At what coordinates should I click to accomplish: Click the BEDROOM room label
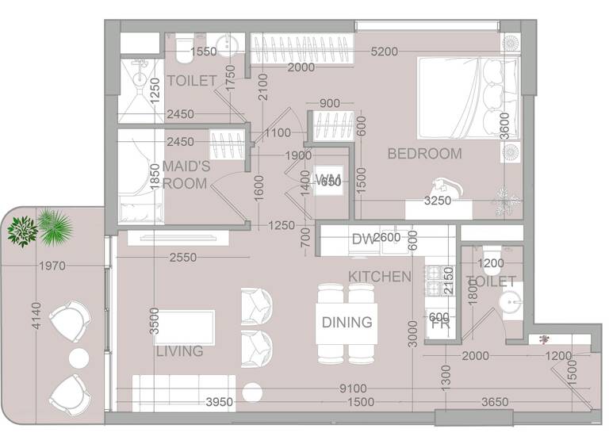point(424,154)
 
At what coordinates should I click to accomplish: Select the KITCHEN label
point(379,277)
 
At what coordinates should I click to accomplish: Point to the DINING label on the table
point(347,322)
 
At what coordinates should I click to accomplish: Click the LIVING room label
point(179,350)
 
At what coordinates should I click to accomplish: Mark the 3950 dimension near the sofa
point(220,403)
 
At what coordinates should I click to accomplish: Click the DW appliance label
point(362,238)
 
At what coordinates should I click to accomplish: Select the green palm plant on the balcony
point(55,227)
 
